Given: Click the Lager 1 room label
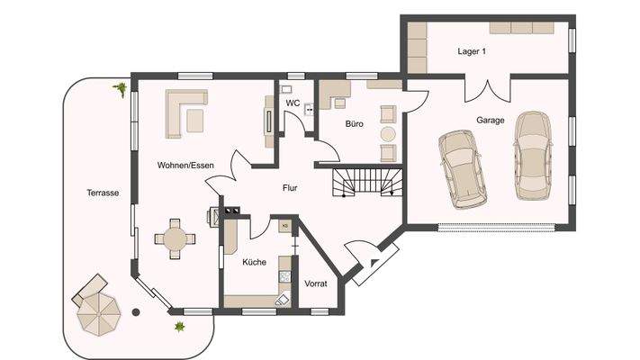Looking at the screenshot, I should pos(471,52).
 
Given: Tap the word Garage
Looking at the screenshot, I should pos(490,120).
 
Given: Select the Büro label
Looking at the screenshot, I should pos(354,125).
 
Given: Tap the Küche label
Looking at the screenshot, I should pos(254,263).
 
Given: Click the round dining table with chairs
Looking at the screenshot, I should pos(173,238).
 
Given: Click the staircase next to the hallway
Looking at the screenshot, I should pos(365,183).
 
